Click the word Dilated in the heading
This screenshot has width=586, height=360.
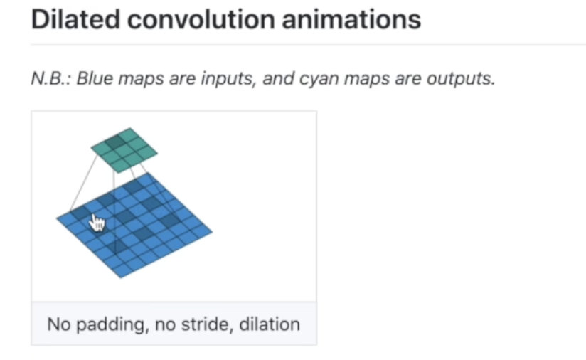(x=75, y=19)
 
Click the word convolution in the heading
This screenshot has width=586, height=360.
(x=201, y=19)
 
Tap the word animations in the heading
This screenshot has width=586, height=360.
(x=351, y=19)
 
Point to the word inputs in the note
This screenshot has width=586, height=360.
(x=228, y=79)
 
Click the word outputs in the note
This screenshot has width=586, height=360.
(x=461, y=79)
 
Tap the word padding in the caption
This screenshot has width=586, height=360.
(x=110, y=324)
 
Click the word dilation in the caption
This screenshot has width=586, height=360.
(x=270, y=324)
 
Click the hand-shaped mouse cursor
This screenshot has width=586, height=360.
(x=97, y=223)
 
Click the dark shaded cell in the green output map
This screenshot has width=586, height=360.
(x=114, y=142)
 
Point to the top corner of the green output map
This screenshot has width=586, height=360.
(x=130, y=128)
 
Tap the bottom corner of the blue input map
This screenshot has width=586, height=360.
(x=121, y=278)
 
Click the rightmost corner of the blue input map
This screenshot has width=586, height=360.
(x=212, y=232)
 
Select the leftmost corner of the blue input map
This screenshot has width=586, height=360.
(x=56, y=218)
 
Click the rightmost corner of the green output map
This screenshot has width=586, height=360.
(x=157, y=152)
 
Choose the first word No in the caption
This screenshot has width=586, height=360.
(x=59, y=324)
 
